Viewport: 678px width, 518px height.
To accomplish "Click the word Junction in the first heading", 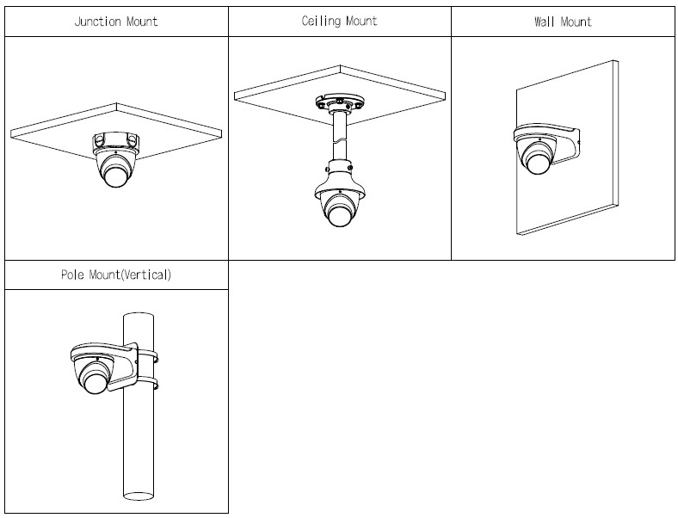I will pos(98,22).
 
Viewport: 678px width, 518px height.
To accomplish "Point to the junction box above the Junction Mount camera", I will pos(115,139).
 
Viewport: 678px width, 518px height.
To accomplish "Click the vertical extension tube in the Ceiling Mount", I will pos(339,138).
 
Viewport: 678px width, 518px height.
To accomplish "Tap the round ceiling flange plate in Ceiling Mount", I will pos(339,106).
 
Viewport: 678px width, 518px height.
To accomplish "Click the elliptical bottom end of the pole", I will pos(138,496).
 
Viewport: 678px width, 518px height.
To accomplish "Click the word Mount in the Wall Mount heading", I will pos(576,22).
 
